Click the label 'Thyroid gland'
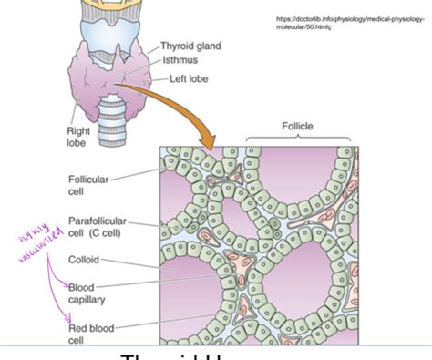tap(190, 46)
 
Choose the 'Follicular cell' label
tap(88, 186)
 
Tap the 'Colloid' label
tap(83, 260)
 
